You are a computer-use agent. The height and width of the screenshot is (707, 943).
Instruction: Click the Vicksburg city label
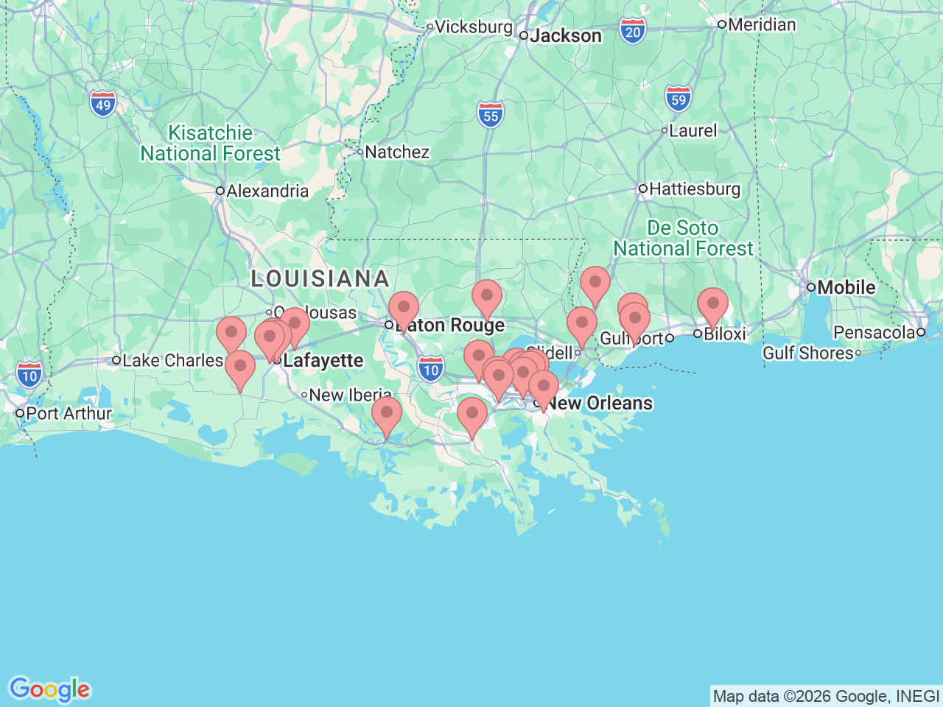coord(473,27)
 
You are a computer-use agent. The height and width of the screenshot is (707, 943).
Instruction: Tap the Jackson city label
coord(565,35)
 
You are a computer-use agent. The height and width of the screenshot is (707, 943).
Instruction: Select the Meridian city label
coord(761,24)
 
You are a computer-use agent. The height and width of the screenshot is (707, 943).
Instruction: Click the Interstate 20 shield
coord(633,32)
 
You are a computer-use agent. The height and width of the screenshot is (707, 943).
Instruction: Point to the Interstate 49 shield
coord(103,105)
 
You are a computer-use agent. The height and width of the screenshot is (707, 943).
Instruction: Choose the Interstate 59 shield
coord(678,99)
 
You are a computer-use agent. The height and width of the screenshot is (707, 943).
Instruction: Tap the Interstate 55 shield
coord(491,116)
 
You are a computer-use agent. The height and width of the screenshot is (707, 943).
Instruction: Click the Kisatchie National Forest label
coord(211,143)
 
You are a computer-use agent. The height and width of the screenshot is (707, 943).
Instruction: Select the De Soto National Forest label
coord(683,238)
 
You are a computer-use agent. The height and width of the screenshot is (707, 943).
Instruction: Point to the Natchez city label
coord(396,152)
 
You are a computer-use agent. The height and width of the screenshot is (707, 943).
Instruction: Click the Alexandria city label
coord(267,191)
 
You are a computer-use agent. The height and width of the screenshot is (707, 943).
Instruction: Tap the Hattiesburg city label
coord(694,189)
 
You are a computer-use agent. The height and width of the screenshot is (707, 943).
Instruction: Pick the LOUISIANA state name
coord(320,278)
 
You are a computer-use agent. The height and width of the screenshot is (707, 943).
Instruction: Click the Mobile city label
coord(846,287)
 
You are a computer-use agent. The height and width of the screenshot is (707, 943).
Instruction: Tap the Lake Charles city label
coord(172,360)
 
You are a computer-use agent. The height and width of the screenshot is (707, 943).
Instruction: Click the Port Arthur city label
coord(69,413)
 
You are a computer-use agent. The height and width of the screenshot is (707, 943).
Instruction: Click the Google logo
coord(49,689)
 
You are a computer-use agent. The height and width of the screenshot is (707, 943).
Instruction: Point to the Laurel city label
coord(693,130)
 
